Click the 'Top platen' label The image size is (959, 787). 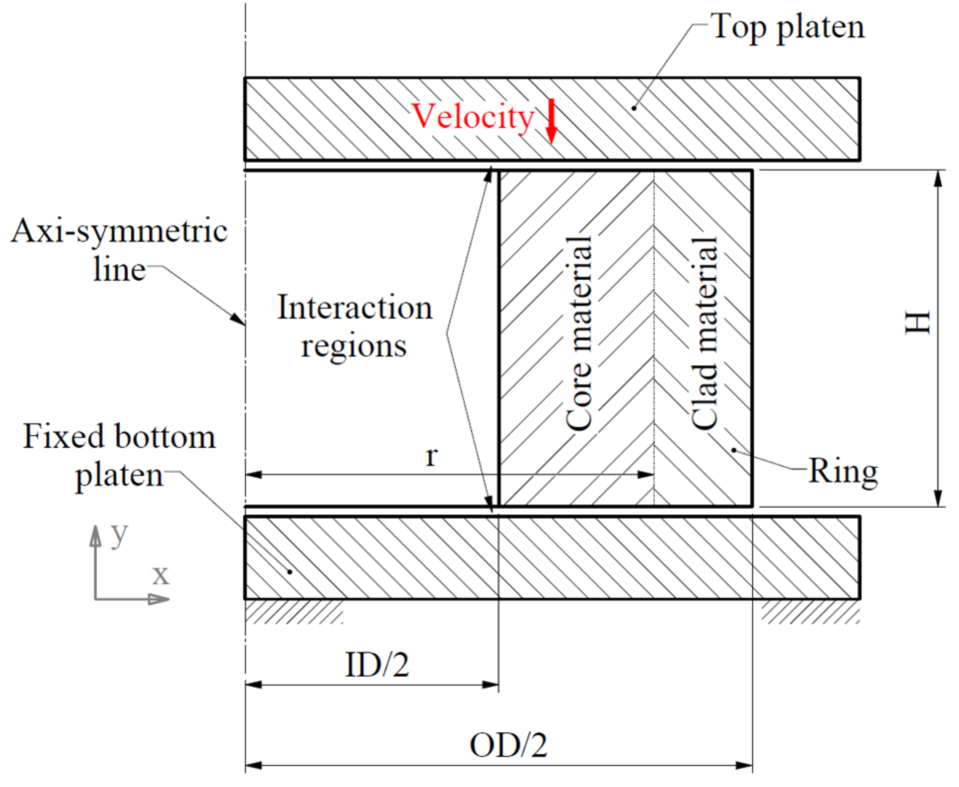click(x=788, y=27)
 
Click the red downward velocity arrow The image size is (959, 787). click(x=551, y=122)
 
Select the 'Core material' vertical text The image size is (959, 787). click(x=579, y=333)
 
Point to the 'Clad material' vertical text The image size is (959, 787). click(x=705, y=333)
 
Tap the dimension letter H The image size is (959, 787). click(x=917, y=323)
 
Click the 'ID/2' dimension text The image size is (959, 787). click(x=377, y=665)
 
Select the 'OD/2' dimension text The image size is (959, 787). click(x=508, y=746)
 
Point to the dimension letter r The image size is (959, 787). click(x=431, y=456)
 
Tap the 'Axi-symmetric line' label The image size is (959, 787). click(x=119, y=250)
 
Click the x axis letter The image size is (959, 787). click(x=160, y=575)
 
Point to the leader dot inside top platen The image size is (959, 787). click(x=634, y=108)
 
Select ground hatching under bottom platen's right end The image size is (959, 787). click(x=810, y=612)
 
